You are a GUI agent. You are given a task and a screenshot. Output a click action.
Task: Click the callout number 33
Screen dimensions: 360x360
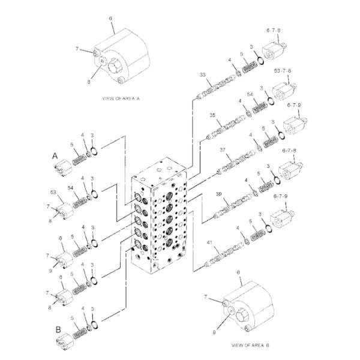pyautogui.click(x=203, y=74)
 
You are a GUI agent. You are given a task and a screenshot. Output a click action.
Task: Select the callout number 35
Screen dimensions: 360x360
pyautogui.click(x=212, y=115)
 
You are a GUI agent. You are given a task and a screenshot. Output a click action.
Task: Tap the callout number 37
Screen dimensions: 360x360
pyautogui.click(x=223, y=150)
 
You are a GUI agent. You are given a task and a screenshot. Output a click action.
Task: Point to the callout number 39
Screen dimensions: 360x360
pyautogui.click(x=219, y=194)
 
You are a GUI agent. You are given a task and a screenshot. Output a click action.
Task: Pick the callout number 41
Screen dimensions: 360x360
pyautogui.click(x=209, y=242)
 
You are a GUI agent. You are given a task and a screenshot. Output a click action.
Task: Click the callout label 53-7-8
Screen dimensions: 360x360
pyautogui.click(x=283, y=71)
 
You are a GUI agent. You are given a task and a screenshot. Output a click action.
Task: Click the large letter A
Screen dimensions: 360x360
pyautogui.click(x=55, y=156)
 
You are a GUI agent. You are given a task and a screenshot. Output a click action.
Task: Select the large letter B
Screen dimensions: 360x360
pyautogui.click(x=58, y=329)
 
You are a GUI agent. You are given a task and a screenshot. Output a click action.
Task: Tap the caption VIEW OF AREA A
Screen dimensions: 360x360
pyautogui.click(x=121, y=98)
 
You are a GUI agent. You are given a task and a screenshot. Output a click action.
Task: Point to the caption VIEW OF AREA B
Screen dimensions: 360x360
pyautogui.click(x=250, y=345)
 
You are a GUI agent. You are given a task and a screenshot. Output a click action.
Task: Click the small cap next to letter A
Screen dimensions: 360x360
pyautogui.click(x=64, y=169)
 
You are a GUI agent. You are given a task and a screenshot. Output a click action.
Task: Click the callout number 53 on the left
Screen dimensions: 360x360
pyautogui.click(x=53, y=192)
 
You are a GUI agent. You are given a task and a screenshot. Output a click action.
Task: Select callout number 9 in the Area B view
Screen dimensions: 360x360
pyautogui.click(x=214, y=332)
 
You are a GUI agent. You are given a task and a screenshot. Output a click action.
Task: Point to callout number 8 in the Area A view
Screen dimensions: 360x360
pyautogui.click(x=89, y=82)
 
